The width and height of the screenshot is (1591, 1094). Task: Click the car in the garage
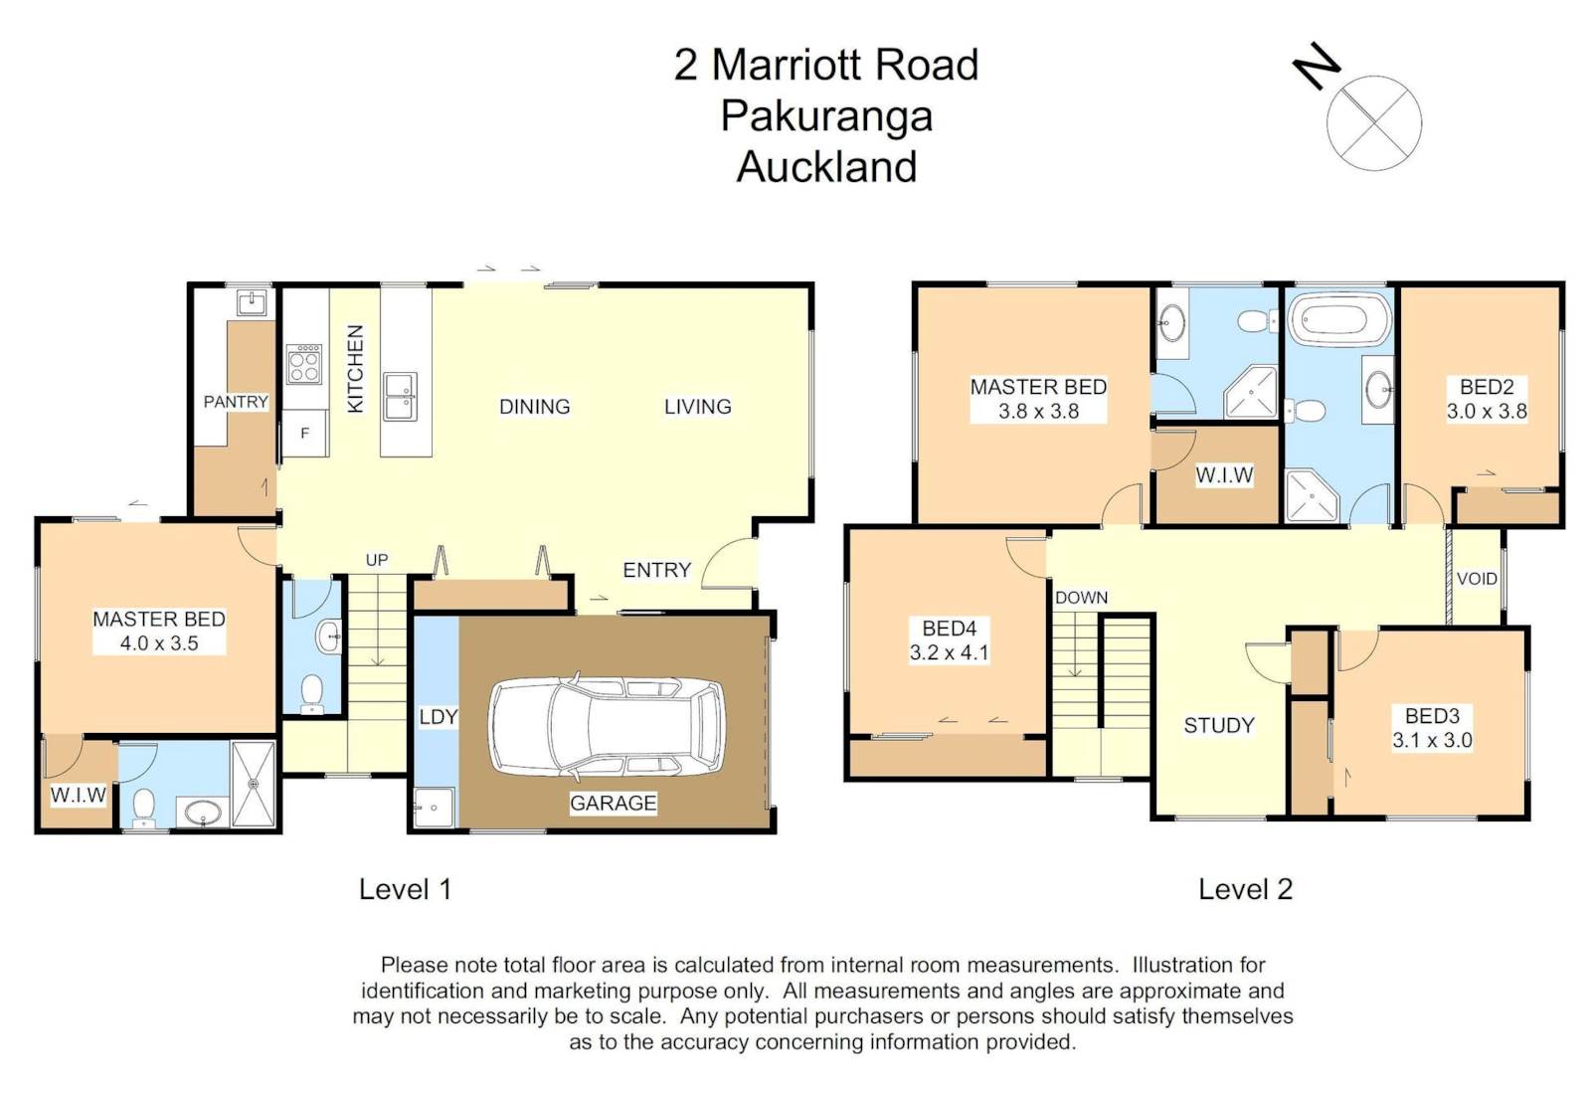608,726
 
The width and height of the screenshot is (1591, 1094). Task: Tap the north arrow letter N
1317,66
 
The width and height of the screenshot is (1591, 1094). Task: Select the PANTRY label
236,402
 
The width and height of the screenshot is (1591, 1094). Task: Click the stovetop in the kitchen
304,364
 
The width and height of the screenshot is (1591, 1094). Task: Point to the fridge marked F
305,433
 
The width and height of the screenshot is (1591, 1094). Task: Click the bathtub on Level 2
1339,321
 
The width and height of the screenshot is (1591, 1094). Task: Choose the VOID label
1477,579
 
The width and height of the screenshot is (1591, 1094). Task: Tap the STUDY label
1219,725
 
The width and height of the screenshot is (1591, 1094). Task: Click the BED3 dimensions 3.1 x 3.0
1432,740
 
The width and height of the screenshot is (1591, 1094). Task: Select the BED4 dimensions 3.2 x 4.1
949,652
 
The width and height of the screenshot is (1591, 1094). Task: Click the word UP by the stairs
377,560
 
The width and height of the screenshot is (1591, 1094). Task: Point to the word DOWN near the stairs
1081,598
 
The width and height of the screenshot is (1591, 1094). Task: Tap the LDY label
439,717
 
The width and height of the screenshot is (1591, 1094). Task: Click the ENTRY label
657,570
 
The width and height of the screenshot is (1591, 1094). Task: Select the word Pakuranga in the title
826,117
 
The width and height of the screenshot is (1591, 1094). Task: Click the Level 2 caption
1245,889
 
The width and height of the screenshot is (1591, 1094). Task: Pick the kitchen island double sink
400,397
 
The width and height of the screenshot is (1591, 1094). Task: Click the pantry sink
252,302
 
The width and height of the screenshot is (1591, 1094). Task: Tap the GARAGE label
613,803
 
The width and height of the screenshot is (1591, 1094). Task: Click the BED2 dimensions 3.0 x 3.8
1487,412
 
